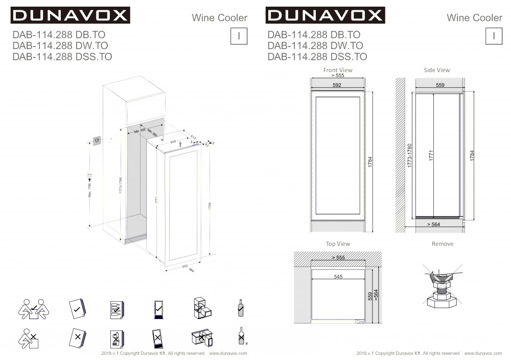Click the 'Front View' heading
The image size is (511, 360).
pyautogui.click(x=338, y=70)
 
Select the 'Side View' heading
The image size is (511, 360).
pyautogui.click(x=437, y=70)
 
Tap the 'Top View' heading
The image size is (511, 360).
pyautogui.click(x=338, y=244)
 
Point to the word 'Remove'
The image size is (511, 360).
pyautogui.click(x=443, y=244)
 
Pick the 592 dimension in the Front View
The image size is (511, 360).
pyautogui.click(x=337, y=85)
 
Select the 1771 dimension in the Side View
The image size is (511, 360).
pyautogui.click(x=431, y=156)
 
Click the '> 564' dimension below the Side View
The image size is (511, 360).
pyautogui.click(x=433, y=224)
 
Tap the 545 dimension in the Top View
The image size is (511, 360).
pyautogui.click(x=338, y=277)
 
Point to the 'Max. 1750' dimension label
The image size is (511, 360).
pyautogui.click(x=89, y=191)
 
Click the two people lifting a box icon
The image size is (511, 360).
pyautogui.click(x=31, y=308)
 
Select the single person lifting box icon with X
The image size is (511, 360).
pyautogui.click(x=30, y=337)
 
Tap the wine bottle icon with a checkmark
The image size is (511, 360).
pyautogui.click(x=240, y=308)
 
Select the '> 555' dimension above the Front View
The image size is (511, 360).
pyautogui.click(x=338, y=75)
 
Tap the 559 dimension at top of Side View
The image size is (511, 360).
pyautogui.click(x=440, y=85)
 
